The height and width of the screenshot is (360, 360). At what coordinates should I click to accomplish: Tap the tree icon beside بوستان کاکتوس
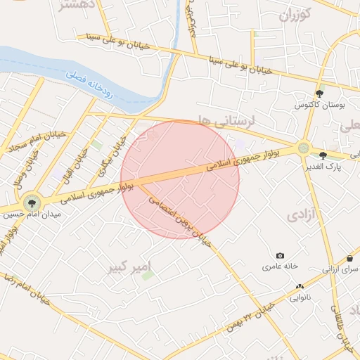click(320, 93)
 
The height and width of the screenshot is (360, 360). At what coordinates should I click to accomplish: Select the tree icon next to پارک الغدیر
click(323, 155)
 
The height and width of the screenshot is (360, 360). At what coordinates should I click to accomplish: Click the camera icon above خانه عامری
click(281, 255)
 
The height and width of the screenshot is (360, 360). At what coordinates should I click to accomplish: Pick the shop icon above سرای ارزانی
click(349, 258)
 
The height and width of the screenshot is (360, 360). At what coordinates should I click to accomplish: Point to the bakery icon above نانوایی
click(300, 286)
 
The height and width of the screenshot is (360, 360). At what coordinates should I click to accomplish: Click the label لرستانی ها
click(226, 121)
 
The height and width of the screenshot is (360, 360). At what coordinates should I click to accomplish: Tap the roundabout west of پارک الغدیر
click(303, 148)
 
